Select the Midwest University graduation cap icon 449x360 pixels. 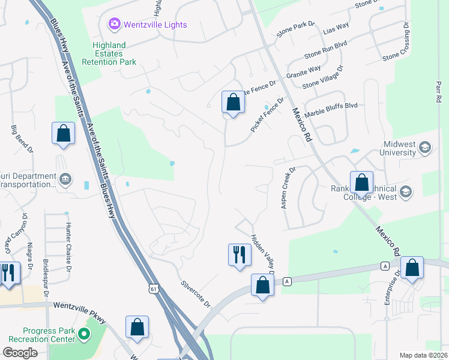click(x=425, y=148)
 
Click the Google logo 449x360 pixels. click(x=21, y=353)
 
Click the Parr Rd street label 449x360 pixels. click(x=438, y=88)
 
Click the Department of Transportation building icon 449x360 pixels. click(x=65, y=178)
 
